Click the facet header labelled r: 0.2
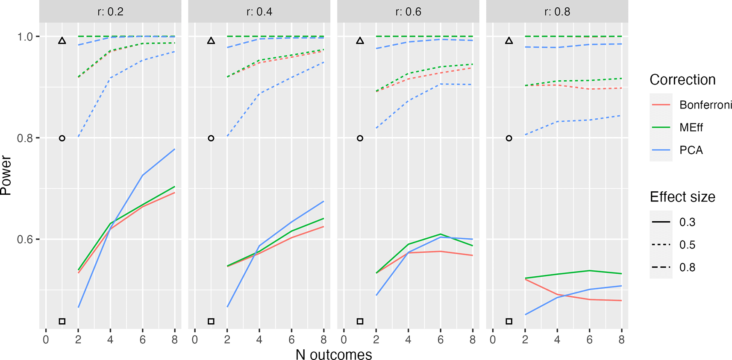pos(110,12)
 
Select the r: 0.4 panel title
pos(259,12)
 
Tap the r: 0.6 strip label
pos(408,12)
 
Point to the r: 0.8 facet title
pos(557,12)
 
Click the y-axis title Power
pos(6,176)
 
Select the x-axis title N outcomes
pos(334,354)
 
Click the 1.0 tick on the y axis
pos(25,37)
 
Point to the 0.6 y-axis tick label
pos(25,240)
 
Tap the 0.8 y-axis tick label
pos(25,138)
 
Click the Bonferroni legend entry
pos(706,105)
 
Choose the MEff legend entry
pos(691,128)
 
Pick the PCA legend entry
pos(691,150)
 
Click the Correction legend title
pos(682,80)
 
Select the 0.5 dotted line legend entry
pos(687,245)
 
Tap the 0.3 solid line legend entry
pos(687,222)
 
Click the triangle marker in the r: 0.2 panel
pos(62,41)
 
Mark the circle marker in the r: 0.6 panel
pos(360,138)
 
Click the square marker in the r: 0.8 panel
pos(509,321)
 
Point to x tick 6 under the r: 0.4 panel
pos(291,340)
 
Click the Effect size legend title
pos(682,197)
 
